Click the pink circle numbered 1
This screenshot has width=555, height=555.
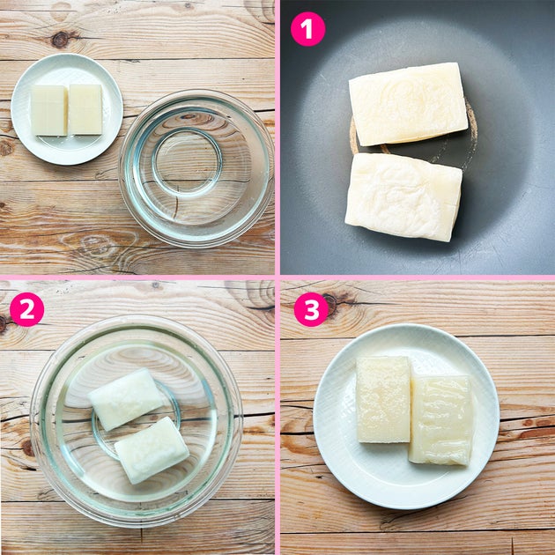pyautogui.click(x=307, y=29)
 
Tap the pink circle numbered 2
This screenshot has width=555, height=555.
pyautogui.click(x=27, y=309)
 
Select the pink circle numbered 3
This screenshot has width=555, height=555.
pyautogui.click(x=311, y=309)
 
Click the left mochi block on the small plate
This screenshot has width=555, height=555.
pyautogui.click(x=48, y=110)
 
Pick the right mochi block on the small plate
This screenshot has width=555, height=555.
pyautogui.click(x=85, y=110)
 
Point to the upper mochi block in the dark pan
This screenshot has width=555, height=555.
pyautogui.click(x=409, y=104)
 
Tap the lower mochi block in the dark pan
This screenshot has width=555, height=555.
pyautogui.click(x=403, y=196)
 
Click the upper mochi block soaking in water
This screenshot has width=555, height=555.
pyautogui.click(x=126, y=399)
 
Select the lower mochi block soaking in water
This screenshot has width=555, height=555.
pyautogui.click(x=152, y=450)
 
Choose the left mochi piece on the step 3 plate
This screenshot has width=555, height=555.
pyautogui.click(x=383, y=400)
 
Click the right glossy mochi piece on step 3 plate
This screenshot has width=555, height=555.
pyautogui.click(x=441, y=420)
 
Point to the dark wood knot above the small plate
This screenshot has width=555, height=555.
pyautogui.click(x=61, y=40)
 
